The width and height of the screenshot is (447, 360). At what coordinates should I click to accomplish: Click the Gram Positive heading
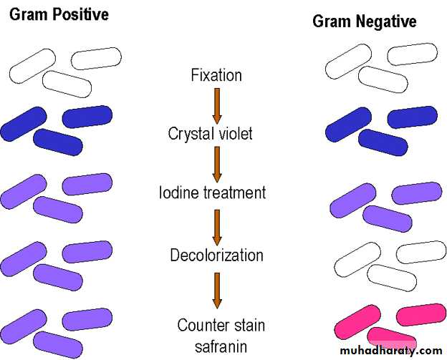tap(59, 14)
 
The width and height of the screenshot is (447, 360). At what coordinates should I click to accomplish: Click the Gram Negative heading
tap(364, 22)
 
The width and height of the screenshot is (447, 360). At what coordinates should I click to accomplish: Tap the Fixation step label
tap(216, 74)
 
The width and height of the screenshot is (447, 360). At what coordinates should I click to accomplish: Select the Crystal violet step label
tap(211, 133)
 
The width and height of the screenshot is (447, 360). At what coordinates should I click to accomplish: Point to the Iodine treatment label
tap(212, 193)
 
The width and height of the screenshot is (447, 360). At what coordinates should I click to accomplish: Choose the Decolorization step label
tap(216, 255)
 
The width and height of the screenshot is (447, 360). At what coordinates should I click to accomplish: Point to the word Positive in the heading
tap(85, 14)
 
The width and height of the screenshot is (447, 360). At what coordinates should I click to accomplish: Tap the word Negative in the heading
tap(388, 22)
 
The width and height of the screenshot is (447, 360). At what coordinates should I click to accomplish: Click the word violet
tap(236, 133)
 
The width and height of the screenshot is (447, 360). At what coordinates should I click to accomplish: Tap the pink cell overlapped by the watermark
tap(390, 337)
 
